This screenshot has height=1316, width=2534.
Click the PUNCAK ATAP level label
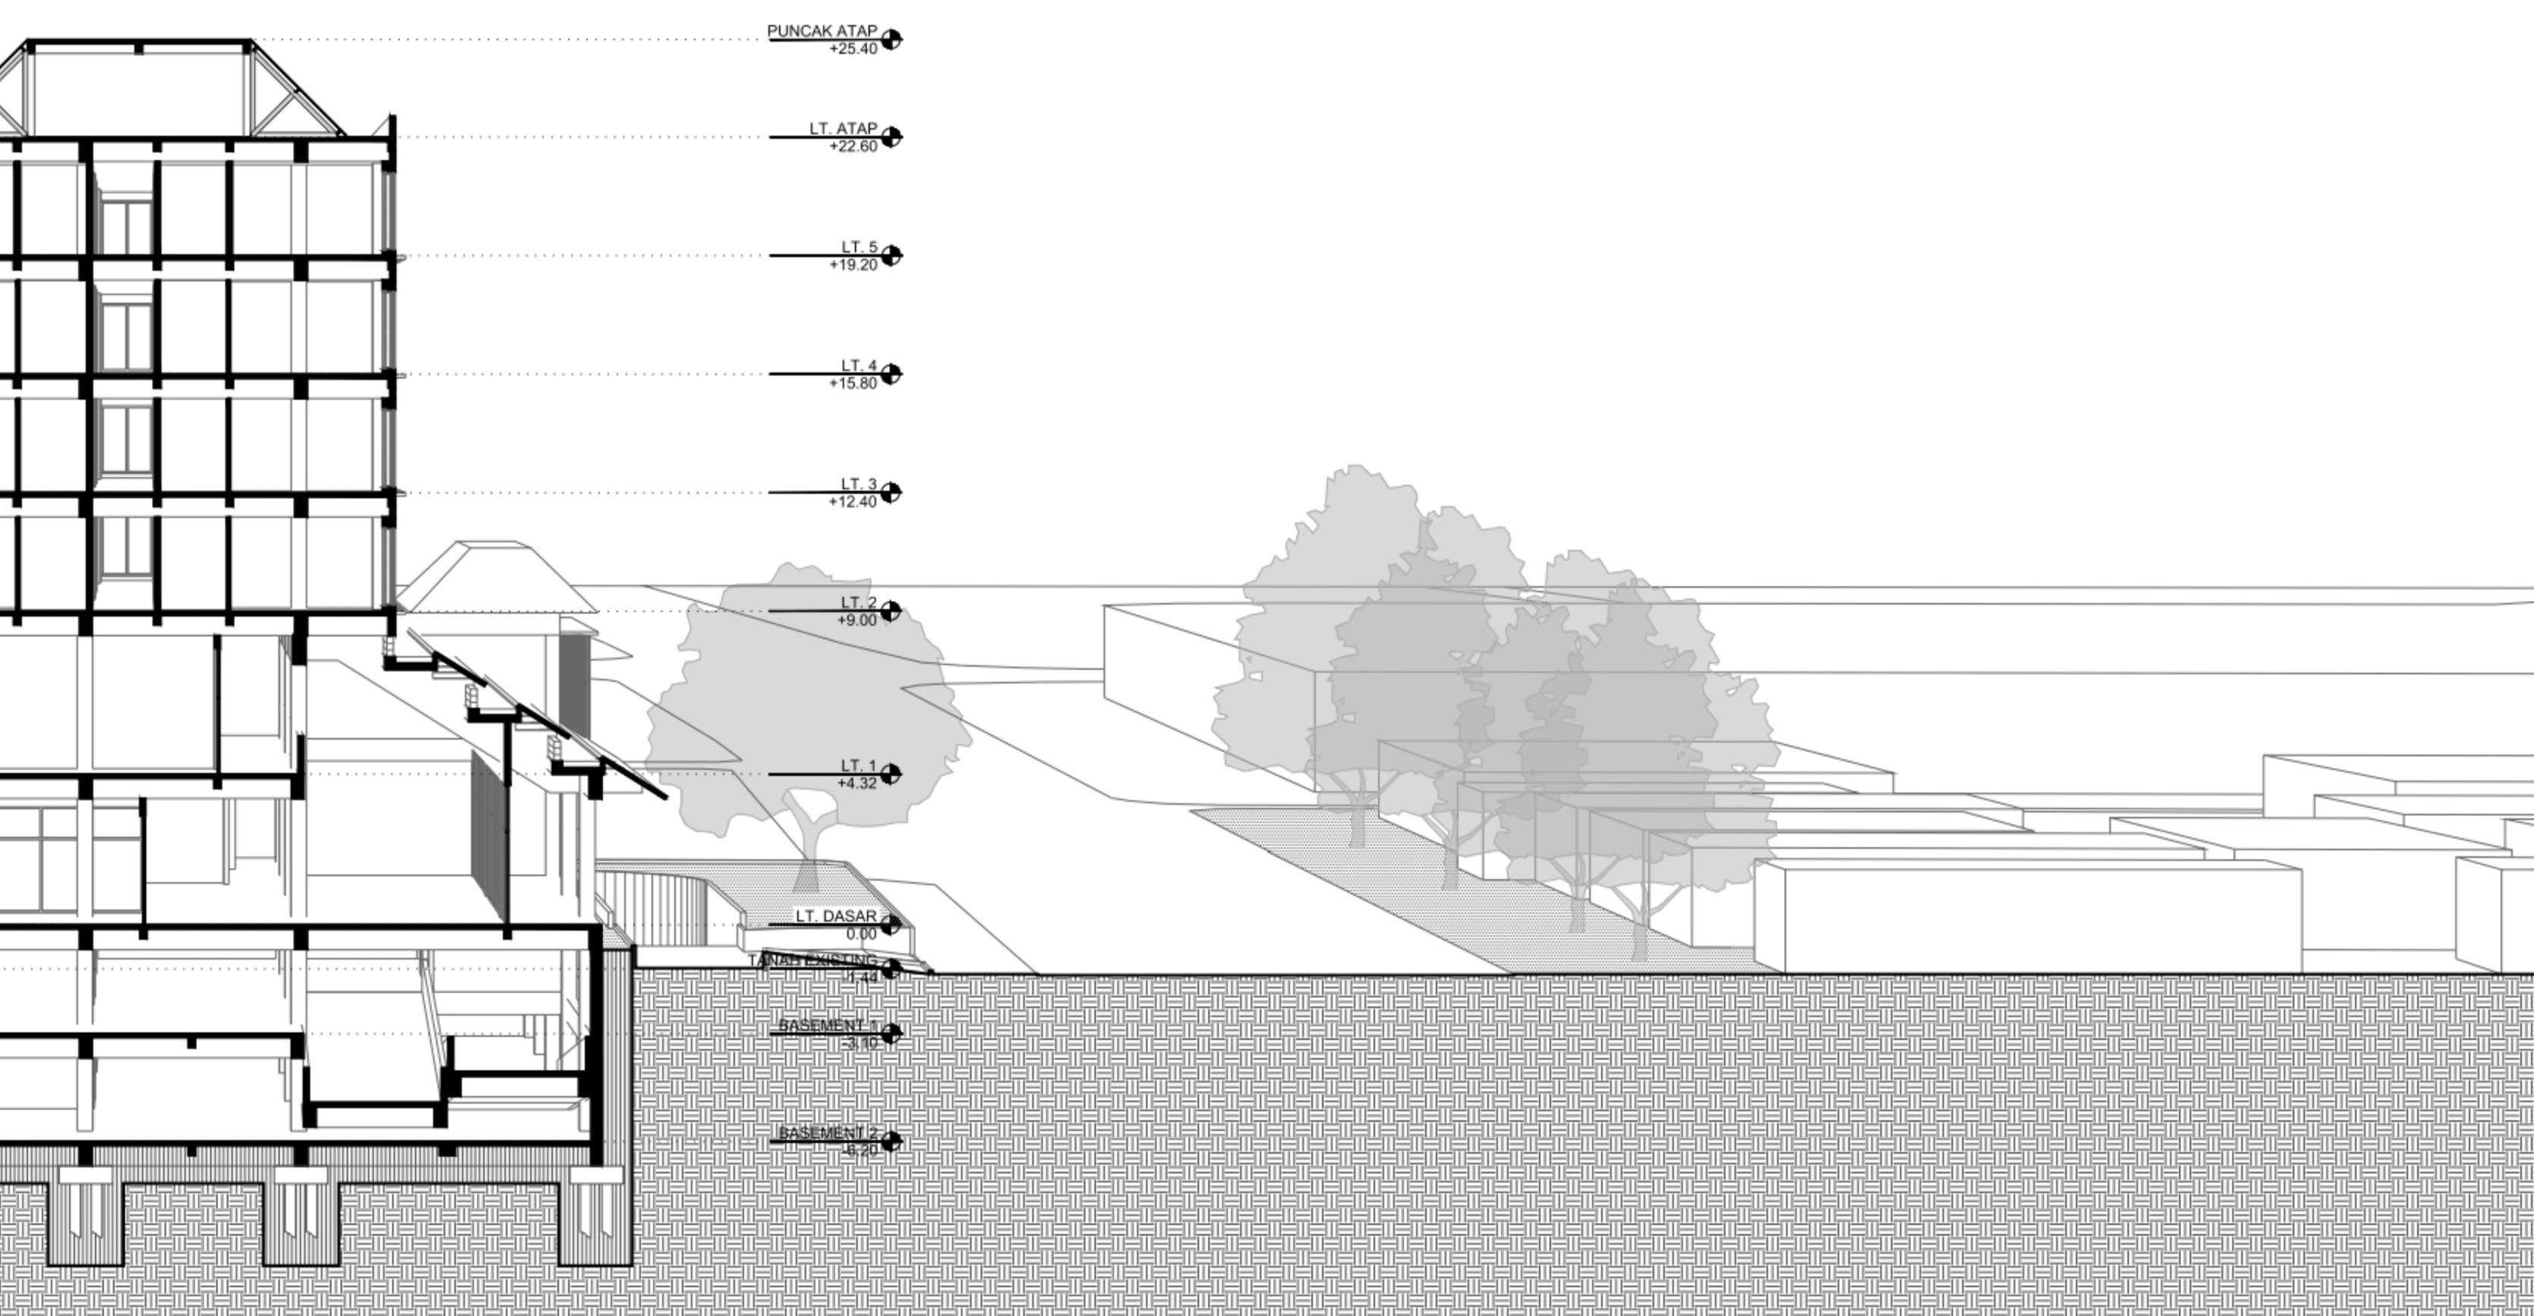click(x=821, y=31)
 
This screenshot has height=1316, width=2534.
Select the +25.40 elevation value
click(x=853, y=49)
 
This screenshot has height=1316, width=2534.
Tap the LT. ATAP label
click(x=843, y=129)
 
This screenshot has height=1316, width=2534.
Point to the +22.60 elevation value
click(x=853, y=146)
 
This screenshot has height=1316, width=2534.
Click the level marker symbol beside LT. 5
click(x=891, y=256)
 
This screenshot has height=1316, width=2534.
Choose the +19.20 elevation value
click(x=853, y=265)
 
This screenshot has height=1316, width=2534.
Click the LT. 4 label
click(x=858, y=366)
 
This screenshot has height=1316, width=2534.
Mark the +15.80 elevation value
click(x=853, y=384)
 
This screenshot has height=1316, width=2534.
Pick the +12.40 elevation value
click(x=853, y=501)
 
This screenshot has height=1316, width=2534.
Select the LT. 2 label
click(x=858, y=603)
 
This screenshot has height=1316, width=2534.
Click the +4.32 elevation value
click(x=857, y=784)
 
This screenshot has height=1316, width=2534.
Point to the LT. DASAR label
click(x=836, y=916)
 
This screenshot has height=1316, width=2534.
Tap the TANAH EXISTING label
click(x=812, y=960)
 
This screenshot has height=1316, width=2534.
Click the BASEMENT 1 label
click(x=827, y=1025)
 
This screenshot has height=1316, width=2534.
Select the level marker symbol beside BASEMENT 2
click(x=891, y=1141)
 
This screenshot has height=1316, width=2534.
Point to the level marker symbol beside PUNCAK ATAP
click(x=891, y=39)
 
